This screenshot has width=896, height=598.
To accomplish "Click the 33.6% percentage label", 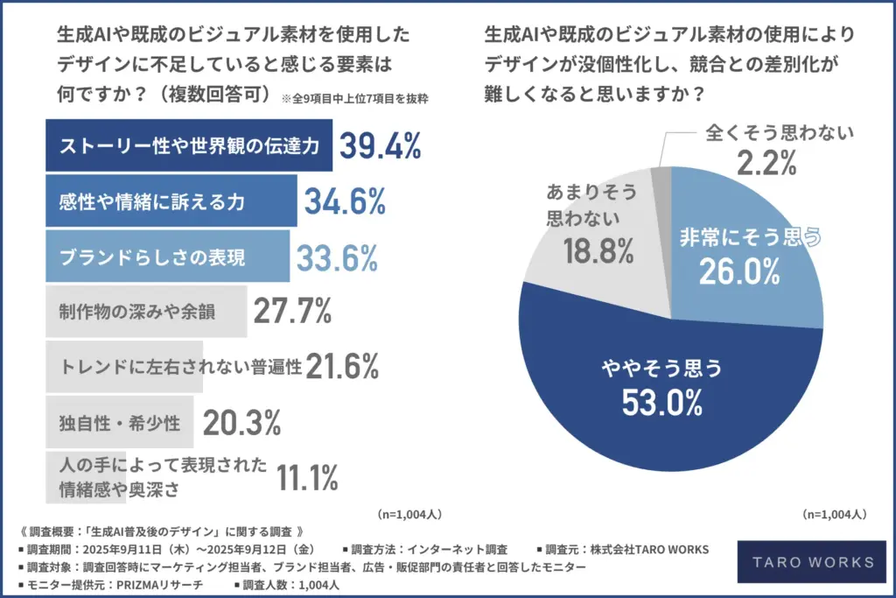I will [337, 257].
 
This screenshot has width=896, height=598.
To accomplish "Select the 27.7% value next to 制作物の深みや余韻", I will [291, 311].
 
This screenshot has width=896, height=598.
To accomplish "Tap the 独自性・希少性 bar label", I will [119, 424].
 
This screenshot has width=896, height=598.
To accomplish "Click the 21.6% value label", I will [342, 366].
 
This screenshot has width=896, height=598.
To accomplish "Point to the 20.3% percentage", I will [241, 424].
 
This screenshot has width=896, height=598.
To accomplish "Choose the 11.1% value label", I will [307, 478].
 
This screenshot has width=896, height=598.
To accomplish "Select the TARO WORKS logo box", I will [804, 563].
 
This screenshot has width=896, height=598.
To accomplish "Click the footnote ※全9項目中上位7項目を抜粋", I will [354, 99].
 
